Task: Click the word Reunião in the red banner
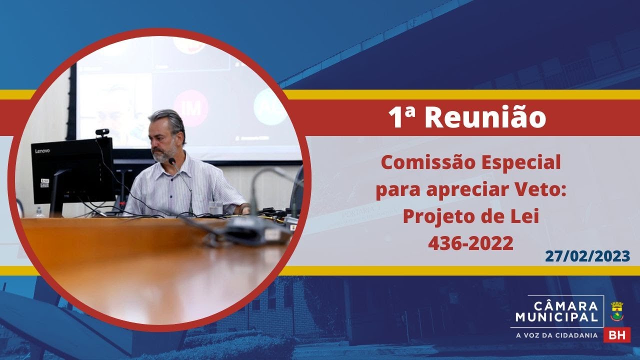point(485,117)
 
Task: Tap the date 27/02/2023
point(587,256)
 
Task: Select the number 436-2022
point(470,243)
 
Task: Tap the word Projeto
point(436,217)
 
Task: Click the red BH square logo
point(617,335)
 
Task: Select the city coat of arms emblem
point(617,311)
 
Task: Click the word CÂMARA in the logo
point(565,306)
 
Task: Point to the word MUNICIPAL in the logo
point(557,317)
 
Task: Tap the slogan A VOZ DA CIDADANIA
point(556,335)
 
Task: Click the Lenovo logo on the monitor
point(42,150)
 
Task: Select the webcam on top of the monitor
point(102,132)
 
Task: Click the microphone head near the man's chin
point(172,161)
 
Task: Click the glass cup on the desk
point(215,207)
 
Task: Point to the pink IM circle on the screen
point(190,108)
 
